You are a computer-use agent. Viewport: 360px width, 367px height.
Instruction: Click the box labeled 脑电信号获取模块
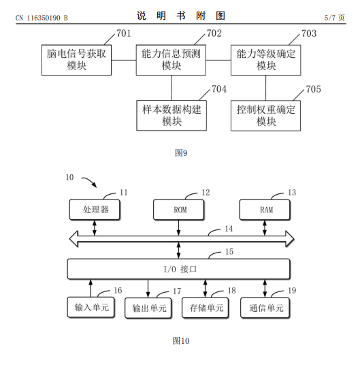click(x=76, y=60)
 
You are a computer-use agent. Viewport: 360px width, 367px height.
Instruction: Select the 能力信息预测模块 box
click(x=171, y=60)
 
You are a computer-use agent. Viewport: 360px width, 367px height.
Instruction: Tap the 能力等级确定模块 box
click(x=265, y=60)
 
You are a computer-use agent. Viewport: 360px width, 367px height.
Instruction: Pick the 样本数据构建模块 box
click(x=171, y=115)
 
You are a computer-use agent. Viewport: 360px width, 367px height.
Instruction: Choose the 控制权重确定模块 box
click(x=265, y=115)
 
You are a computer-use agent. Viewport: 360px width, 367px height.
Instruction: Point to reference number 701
click(x=123, y=33)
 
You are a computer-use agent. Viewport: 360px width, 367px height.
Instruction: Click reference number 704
click(x=219, y=89)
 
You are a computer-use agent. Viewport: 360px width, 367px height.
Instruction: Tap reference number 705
click(x=314, y=89)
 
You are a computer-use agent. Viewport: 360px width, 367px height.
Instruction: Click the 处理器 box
click(x=95, y=210)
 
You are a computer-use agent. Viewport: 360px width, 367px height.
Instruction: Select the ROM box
click(x=179, y=210)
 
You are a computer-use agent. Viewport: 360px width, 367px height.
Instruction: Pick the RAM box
click(x=265, y=210)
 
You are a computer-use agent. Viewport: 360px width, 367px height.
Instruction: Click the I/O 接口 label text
click(x=180, y=269)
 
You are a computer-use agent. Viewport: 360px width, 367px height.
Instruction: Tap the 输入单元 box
click(x=91, y=307)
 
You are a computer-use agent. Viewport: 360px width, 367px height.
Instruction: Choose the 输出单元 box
click(x=148, y=308)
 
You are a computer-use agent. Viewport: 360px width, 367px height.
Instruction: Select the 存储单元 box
click(x=205, y=308)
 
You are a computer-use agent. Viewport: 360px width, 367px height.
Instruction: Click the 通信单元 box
click(x=265, y=308)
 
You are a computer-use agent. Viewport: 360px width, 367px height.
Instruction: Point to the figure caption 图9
click(x=181, y=153)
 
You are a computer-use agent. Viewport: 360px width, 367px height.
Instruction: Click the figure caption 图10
click(x=181, y=340)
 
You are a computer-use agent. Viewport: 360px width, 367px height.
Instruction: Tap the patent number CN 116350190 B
click(x=42, y=18)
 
